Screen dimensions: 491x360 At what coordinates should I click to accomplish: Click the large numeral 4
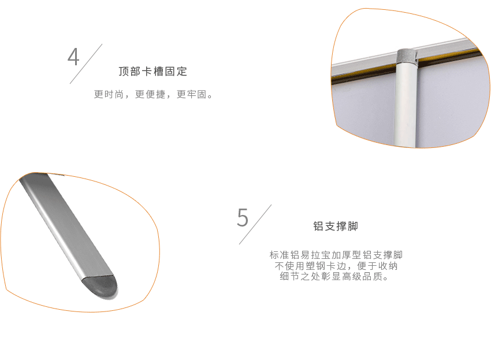click(73, 57)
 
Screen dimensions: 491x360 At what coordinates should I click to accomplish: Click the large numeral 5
click(243, 217)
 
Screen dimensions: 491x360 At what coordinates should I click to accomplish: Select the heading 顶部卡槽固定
click(153, 72)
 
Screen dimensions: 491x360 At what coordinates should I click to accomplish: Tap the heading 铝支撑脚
click(336, 226)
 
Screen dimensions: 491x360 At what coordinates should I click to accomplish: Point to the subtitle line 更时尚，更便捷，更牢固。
click(153, 94)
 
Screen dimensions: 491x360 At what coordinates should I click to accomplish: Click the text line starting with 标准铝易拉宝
click(336, 255)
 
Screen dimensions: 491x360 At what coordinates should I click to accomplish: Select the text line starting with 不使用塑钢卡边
click(336, 266)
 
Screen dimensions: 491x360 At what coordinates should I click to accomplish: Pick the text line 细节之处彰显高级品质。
click(334, 276)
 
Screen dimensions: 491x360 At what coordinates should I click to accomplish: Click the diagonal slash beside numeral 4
click(86, 64)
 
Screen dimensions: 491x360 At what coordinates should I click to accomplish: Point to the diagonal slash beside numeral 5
click(255, 224)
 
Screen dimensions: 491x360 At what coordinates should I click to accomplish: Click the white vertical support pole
click(406, 103)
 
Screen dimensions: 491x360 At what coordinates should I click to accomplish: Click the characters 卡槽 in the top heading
click(153, 72)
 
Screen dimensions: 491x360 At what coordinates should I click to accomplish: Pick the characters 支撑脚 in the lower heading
click(341, 226)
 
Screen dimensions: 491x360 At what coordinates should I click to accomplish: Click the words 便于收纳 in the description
click(377, 266)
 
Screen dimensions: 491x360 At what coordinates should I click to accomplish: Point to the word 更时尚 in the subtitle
click(109, 94)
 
